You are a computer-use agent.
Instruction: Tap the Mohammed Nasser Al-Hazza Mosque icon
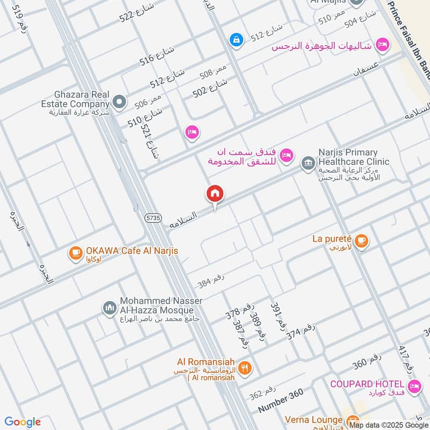[x=110, y=308]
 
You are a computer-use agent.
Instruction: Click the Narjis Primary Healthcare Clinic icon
[x=308, y=162]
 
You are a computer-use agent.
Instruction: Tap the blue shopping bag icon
[x=235, y=39]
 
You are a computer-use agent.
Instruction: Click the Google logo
[x=23, y=422]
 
